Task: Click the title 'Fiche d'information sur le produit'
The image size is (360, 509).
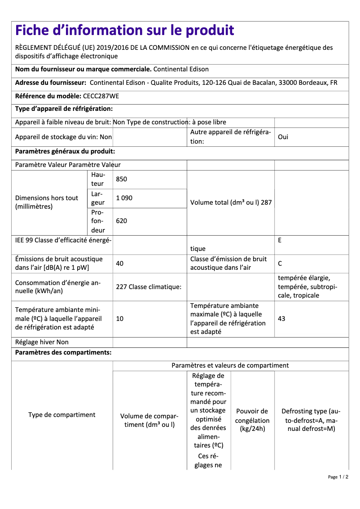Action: click(x=124, y=31)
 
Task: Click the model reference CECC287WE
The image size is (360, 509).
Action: click(x=101, y=96)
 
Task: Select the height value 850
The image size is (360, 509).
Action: click(x=121, y=179)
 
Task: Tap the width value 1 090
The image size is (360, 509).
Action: click(x=124, y=198)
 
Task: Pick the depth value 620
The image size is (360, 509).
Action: click(x=121, y=221)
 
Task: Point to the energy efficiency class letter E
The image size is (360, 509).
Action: click(x=280, y=240)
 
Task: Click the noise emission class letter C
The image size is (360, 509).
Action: click(x=280, y=263)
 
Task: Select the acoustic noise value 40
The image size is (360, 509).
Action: click(x=119, y=263)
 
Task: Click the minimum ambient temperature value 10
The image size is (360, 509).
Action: click(x=119, y=319)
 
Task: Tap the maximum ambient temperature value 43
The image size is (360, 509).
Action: click(x=281, y=319)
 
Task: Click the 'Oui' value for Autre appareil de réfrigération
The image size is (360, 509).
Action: click(x=283, y=137)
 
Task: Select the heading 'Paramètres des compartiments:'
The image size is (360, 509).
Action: click(x=63, y=353)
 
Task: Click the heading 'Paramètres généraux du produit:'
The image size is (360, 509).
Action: click(x=65, y=152)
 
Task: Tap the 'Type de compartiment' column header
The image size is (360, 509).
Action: click(x=62, y=415)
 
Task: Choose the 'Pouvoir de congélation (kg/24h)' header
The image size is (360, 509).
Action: click(x=252, y=420)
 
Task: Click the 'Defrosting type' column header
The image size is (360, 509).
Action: click(x=311, y=420)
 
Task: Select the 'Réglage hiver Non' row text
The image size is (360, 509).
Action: click(x=42, y=342)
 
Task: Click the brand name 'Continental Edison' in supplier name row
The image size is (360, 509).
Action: click(x=181, y=69)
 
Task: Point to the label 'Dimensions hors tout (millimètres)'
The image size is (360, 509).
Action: click(x=47, y=202)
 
